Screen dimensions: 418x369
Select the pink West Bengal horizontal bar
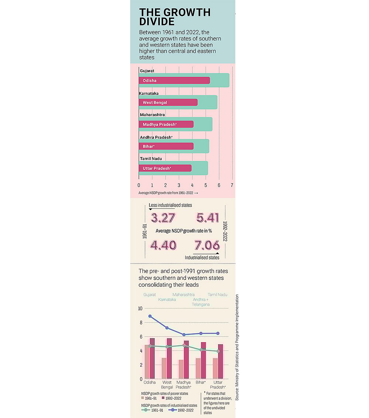point(168,102)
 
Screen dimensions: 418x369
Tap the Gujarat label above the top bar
point(147,70)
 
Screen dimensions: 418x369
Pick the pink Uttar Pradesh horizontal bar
point(165,168)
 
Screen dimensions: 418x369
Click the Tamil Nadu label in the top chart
point(151,159)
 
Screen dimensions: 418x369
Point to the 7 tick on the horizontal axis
point(232,185)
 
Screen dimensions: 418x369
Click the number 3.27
point(163,218)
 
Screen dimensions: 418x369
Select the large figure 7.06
point(207,245)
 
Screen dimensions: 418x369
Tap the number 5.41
point(208,218)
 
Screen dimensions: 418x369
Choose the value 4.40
point(163,245)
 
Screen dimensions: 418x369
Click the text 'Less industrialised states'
point(170,205)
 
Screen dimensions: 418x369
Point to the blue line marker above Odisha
point(150,316)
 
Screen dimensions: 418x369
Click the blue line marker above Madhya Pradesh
point(184,335)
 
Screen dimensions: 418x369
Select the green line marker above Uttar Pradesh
point(218,351)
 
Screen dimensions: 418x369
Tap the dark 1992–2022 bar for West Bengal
point(169,358)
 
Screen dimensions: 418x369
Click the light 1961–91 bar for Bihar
point(198,368)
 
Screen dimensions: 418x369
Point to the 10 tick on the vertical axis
point(140,309)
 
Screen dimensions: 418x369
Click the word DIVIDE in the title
point(157,21)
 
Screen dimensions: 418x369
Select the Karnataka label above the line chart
point(167,299)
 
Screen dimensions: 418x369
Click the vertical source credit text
point(237,347)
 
